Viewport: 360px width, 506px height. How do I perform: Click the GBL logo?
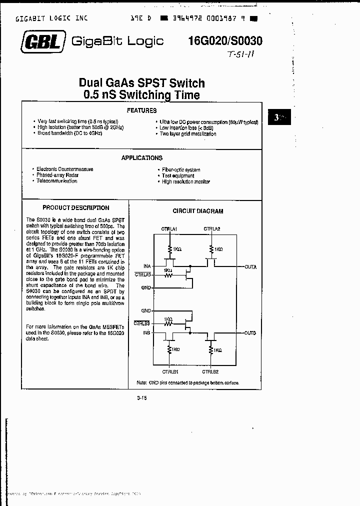tap(41, 42)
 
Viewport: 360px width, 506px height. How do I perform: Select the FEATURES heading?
tap(141, 110)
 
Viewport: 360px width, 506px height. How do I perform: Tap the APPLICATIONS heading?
tap(142, 158)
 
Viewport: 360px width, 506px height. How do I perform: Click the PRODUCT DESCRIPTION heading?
tap(75, 207)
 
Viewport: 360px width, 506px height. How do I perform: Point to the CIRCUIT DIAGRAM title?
tap(198, 211)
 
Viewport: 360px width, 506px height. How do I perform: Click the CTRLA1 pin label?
tap(169, 228)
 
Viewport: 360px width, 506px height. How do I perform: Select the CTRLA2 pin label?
tap(212, 228)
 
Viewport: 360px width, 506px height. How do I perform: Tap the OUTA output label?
tap(250, 267)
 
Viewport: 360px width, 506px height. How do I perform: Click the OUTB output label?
tap(250, 332)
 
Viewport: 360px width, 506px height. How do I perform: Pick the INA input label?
tap(147, 266)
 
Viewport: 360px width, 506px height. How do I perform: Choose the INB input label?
tap(147, 332)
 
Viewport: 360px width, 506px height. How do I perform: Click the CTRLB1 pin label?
tap(170, 371)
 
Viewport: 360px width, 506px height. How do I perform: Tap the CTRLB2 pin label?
tap(210, 371)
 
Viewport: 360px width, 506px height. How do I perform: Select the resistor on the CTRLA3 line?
tap(168, 274)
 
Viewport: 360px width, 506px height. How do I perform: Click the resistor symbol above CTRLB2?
tap(211, 350)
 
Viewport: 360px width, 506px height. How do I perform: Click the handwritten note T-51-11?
tap(241, 55)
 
